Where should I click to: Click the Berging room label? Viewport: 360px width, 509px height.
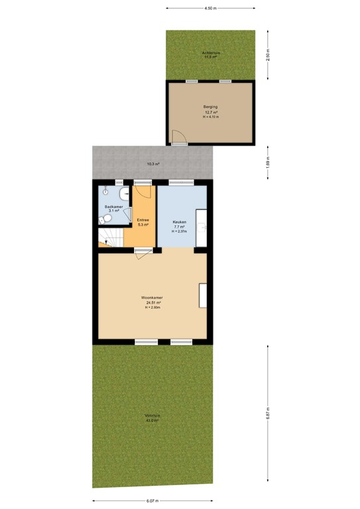pos(211,107)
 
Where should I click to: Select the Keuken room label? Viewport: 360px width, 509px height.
pos(180,221)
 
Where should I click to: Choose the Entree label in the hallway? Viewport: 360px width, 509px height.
pos(143,220)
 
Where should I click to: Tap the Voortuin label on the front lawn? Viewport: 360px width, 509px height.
pos(152,416)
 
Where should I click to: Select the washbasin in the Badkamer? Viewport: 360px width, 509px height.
pos(124,194)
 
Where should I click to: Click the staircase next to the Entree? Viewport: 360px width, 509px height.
pos(109,237)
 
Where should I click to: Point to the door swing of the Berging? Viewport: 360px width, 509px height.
pos(178,137)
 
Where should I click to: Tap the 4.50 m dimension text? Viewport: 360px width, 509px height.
pos(210,9)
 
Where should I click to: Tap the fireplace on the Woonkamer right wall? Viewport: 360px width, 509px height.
pos(203,295)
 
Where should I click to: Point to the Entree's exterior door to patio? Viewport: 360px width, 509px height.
pos(143,183)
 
